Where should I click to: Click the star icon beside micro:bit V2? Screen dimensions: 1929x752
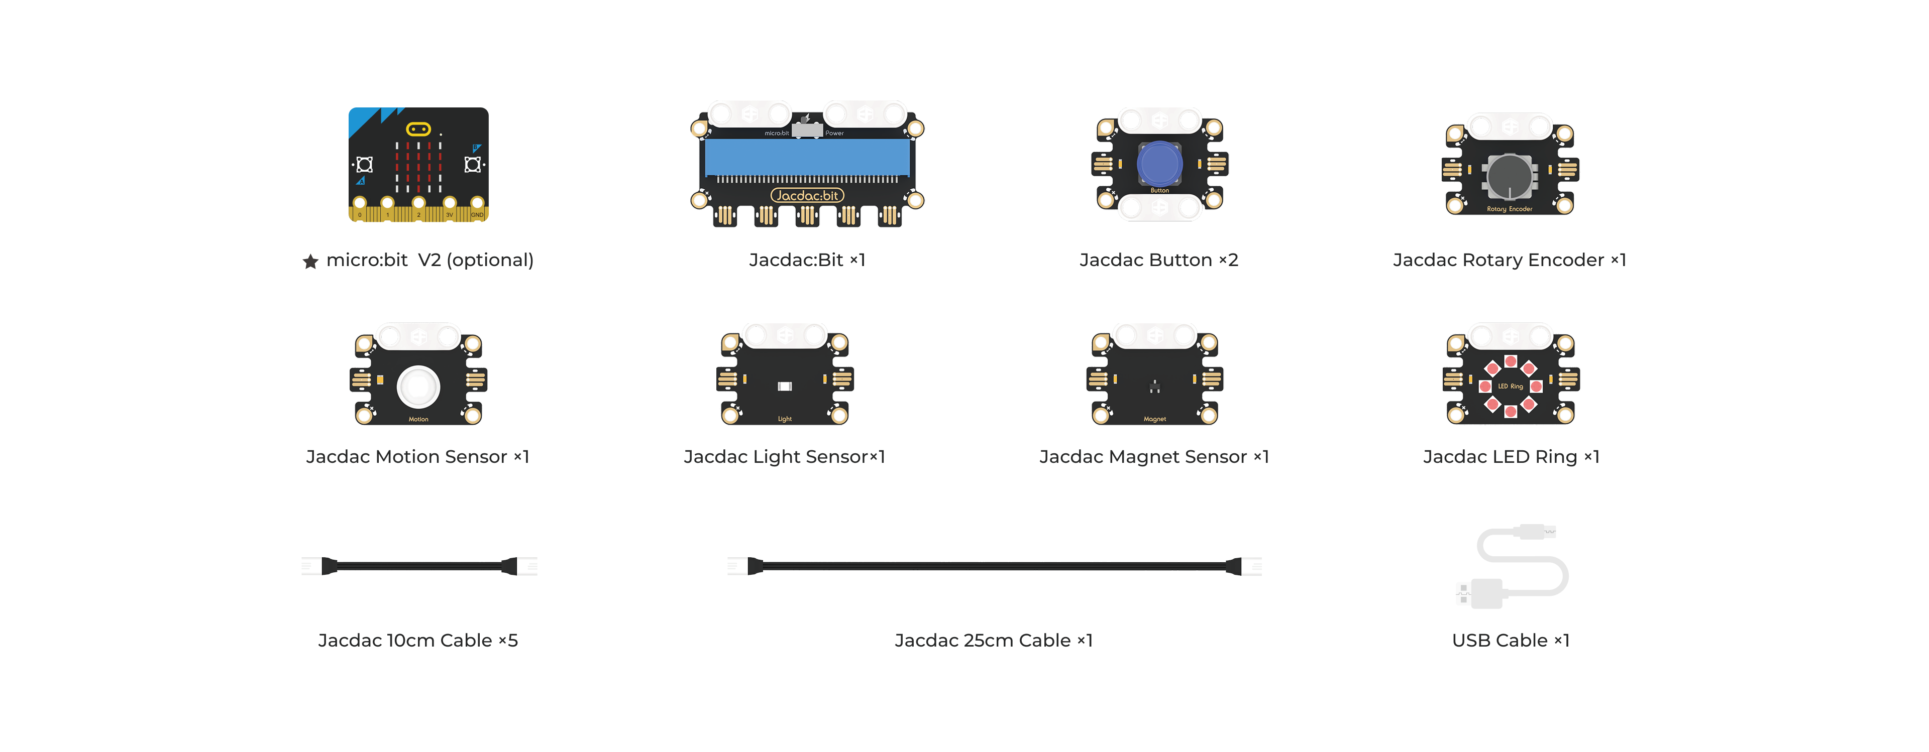click(x=310, y=261)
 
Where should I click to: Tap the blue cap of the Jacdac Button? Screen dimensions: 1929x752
click(x=1159, y=164)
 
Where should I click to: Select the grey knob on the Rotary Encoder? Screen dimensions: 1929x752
click(x=1510, y=177)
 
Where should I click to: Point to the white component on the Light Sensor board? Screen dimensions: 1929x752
click(x=784, y=386)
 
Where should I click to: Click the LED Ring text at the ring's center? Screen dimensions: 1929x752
click(x=1511, y=386)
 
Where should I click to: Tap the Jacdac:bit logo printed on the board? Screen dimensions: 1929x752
click(x=807, y=195)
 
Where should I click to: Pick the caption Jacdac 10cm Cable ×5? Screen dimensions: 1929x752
click(x=418, y=641)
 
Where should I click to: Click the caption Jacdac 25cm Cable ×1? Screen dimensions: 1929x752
click(x=994, y=641)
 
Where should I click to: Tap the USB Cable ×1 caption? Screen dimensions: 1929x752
click(x=1511, y=641)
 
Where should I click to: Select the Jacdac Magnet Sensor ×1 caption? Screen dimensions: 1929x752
click(x=1154, y=456)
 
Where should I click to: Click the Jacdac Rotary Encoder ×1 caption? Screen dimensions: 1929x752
click(x=1510, y=260)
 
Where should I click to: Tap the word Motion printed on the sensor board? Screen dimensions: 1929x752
click(x=418, y=419)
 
